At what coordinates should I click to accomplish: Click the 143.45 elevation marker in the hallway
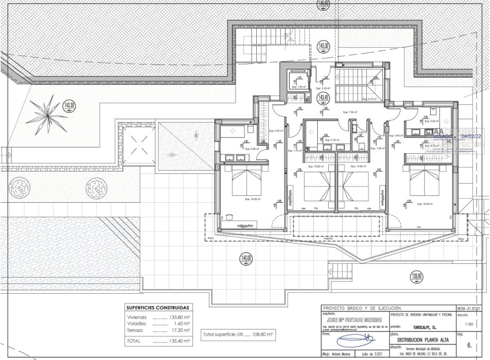click(324, 98)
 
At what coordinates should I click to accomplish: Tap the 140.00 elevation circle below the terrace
click(246, 259)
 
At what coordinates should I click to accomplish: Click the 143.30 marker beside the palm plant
click(69, 105)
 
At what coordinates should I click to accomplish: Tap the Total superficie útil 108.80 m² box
click(238, 334)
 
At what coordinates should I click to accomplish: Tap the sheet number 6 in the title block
click(469, 346)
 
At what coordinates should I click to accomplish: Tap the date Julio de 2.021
click(368, 354)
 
